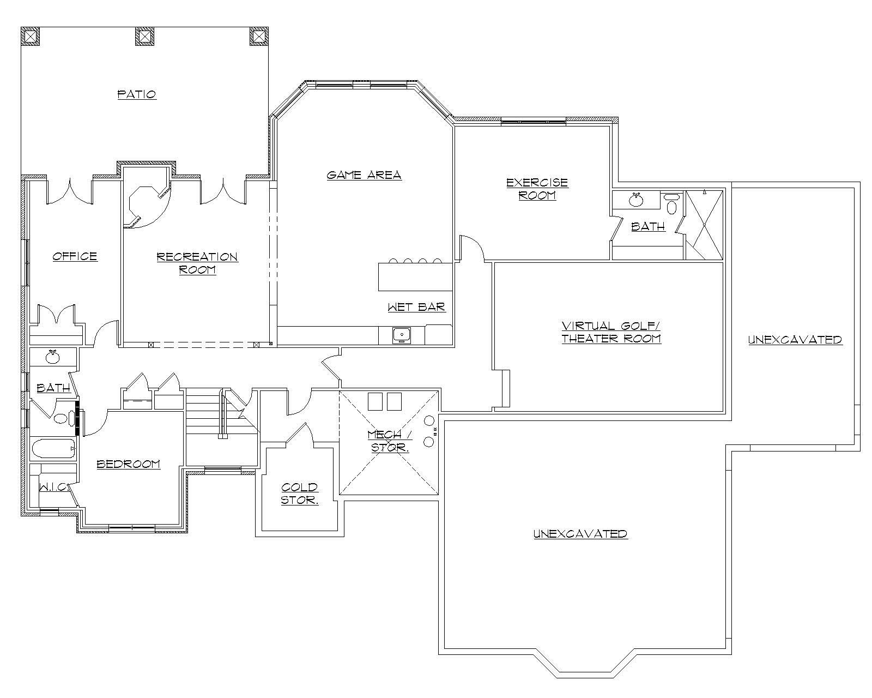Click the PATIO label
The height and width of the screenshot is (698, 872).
click(137, 94)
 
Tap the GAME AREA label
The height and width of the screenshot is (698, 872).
click(364, 175)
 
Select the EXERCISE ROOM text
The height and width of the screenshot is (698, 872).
click(537, 189)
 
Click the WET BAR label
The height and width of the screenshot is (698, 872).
click(416, 307)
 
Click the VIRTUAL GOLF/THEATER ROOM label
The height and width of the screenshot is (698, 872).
click(611, 332)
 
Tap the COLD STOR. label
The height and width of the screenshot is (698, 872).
click(299, 494)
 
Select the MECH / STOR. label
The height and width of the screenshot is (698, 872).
click(390, 441)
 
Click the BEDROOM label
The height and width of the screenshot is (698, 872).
click(128, 464)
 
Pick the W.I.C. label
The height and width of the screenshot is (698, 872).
click(53, 487)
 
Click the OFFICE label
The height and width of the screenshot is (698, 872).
click(75, 256)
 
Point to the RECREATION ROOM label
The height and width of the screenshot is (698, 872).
click(197, 263)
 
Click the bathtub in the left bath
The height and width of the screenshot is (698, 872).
click(53, 450)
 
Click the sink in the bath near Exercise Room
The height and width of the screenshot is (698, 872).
click(635, 200)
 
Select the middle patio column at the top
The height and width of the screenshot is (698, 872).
click(144, 36)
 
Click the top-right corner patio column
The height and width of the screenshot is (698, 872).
click(259, 36)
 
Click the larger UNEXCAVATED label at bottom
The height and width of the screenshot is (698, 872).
click(580, 533)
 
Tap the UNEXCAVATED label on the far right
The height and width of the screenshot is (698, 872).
click(795, 340)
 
